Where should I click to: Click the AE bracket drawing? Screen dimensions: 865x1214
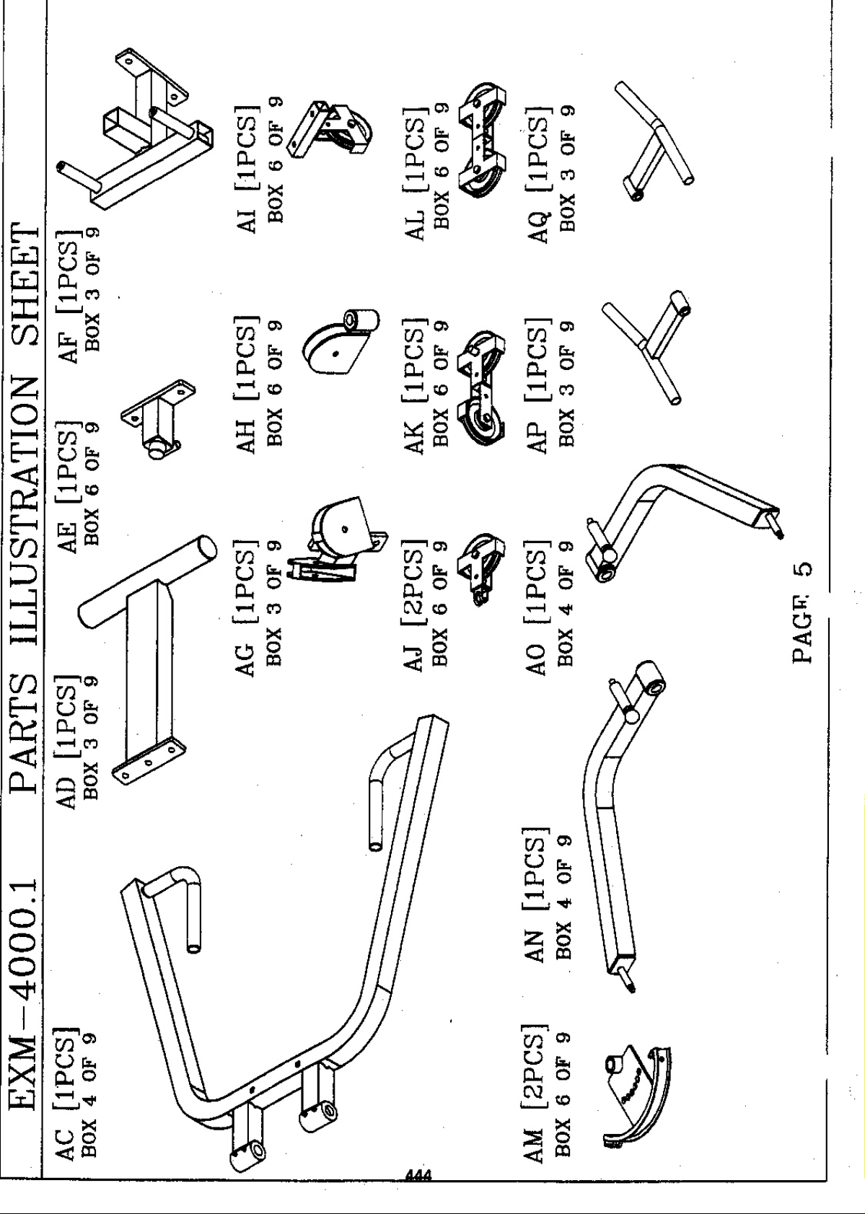click(x=158, y=418)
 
